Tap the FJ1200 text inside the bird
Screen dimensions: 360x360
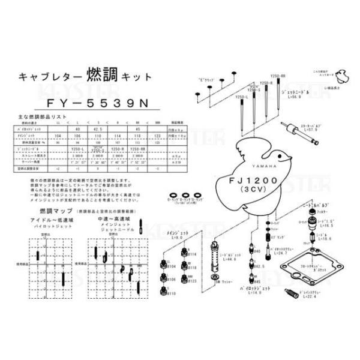(x=254, y=179)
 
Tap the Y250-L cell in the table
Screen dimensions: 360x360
(x=77, y=148)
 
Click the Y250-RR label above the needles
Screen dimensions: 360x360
(x=278, y=76)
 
